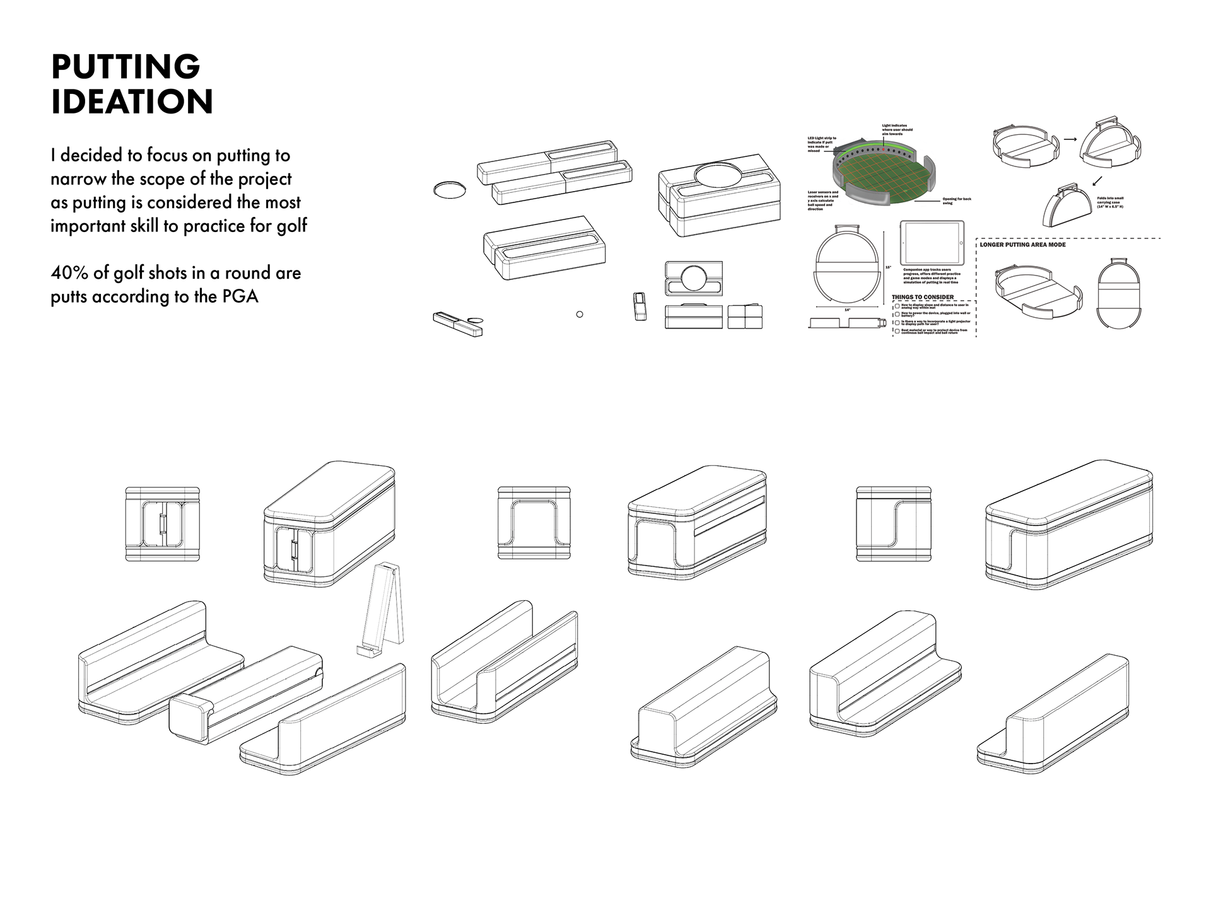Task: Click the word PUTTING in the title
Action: coord(126,67)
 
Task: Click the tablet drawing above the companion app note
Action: coord(932,243)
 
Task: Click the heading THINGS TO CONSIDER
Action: coord(923,297)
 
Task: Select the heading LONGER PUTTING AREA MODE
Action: coord(1022,245)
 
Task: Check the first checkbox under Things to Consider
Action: coord(898,306)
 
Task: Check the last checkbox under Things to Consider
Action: coord(898,330)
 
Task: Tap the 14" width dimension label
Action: coord(847,310)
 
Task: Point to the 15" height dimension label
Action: coord(888,267)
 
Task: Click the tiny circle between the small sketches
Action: coord(580,314)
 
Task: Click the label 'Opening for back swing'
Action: coord(956,201)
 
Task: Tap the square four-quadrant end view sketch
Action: coord(745,317)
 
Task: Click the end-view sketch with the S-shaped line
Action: coord(893,523)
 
